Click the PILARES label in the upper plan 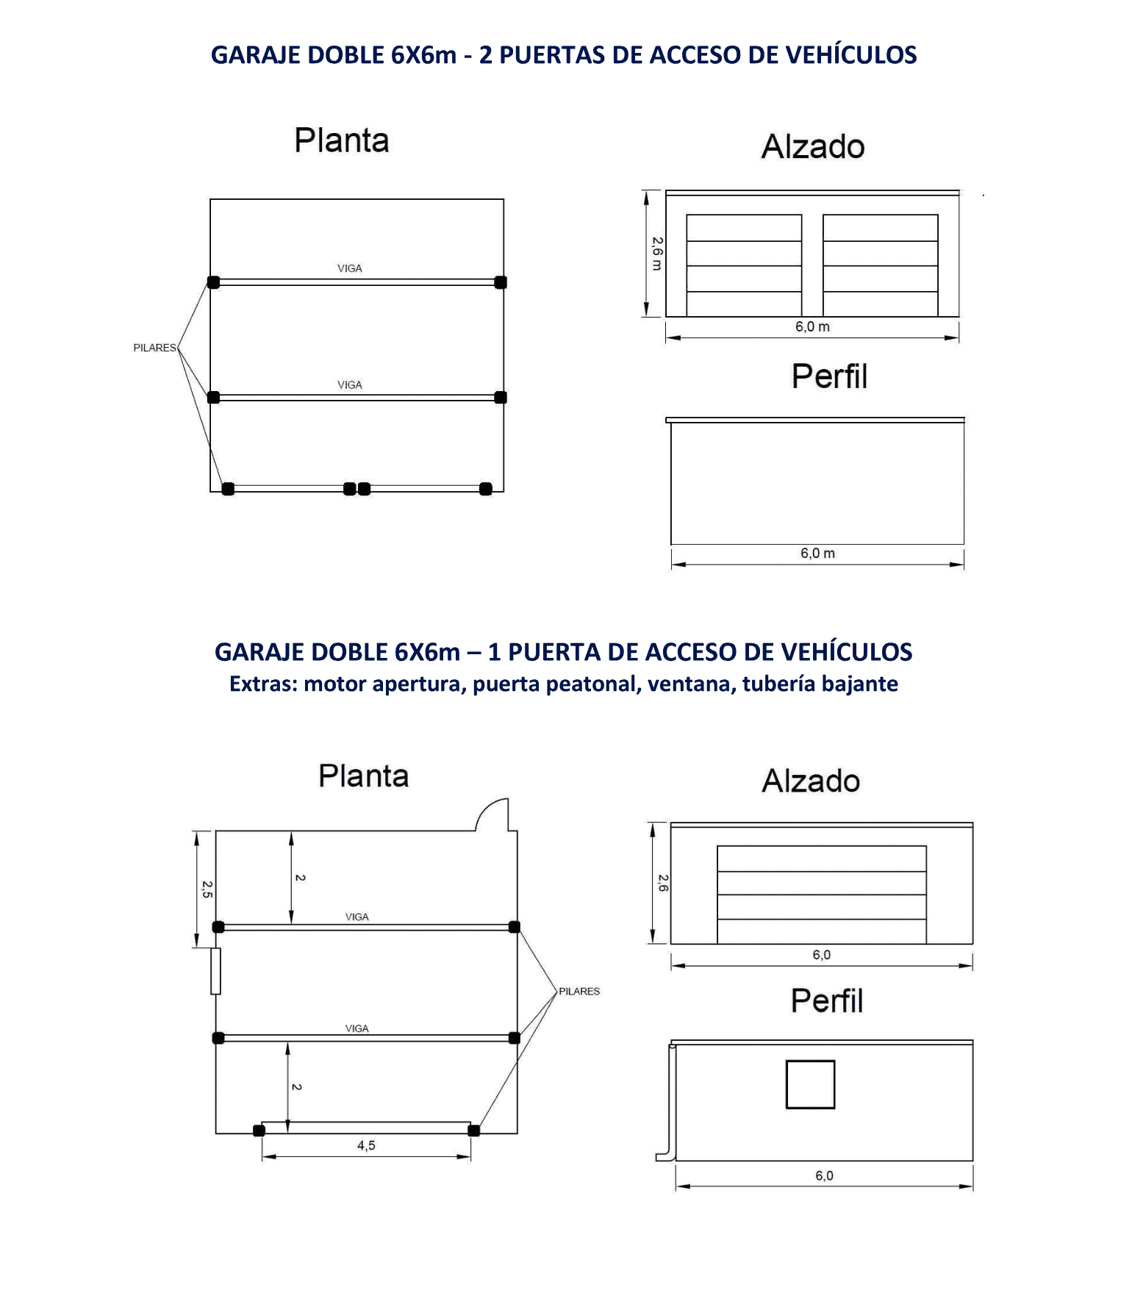point(154,348)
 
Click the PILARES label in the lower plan point(579,991)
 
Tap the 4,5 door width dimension point(366,1145)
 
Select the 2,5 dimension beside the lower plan point(207,889)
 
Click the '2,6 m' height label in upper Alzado point(656,254)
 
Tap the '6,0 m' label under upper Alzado point(812,326)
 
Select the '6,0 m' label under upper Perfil point(817,553)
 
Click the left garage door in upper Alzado point(744,265)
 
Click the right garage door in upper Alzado point(881,265)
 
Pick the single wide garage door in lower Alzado point(822,895)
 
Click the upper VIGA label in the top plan point(350,268)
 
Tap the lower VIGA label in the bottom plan point(357,1028)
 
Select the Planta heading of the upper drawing point(342,140)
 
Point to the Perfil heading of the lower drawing point(827,1000)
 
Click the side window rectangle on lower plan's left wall point(215,971)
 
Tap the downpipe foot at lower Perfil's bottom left point(664,1157)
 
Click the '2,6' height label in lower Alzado point(662,883)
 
